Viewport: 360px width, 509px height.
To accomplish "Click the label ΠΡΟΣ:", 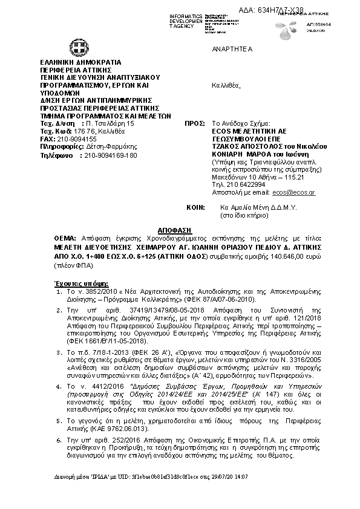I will pos(191,123).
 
